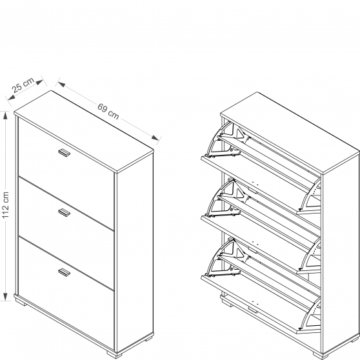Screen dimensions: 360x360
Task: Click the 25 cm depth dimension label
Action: click(23, 85)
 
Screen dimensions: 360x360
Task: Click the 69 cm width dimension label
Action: click(108, 112)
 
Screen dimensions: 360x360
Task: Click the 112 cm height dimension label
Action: click(5, 205)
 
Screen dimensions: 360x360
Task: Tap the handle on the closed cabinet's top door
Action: click(64, 153)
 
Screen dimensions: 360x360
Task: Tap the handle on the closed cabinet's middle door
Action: click(64, 213)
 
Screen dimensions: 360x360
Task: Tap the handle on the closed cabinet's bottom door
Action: click(64, 272)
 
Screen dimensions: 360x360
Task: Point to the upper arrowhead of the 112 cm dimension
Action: click(5, 115)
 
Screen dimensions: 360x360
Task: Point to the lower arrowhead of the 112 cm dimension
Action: click(5, 296)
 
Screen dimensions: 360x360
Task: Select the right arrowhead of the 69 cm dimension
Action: click(155, 138)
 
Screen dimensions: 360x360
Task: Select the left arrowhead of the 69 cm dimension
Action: click(59, 84)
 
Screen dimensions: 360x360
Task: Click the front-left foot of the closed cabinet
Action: click(22, 303)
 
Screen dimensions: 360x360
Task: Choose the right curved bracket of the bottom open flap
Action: click(309, 315)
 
